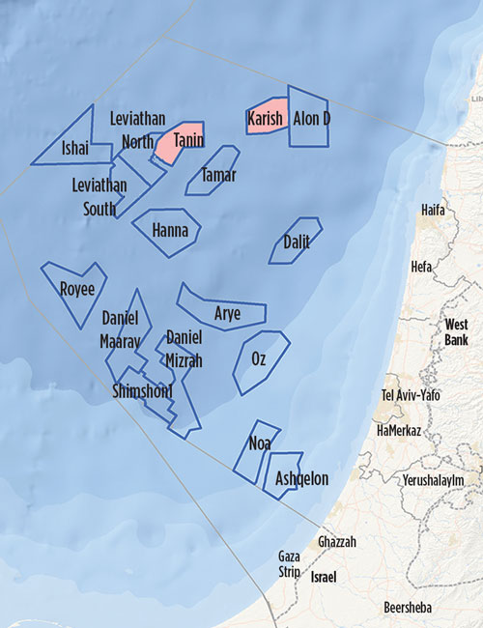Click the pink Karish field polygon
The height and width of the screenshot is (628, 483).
(266, 115)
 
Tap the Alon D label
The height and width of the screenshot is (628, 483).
(311, 119)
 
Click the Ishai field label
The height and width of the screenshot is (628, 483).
(74, 148)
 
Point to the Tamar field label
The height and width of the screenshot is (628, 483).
(217, 175)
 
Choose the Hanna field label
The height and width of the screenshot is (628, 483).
(170, 230)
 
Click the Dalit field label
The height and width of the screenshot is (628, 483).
(297, 242)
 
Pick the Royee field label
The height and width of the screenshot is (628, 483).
(77, 288)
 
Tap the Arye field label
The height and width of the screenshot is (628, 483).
(227, 313)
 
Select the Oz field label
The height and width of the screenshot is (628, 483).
(259, 358)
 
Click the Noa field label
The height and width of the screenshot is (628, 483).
(260, 443)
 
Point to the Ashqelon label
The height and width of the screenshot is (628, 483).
(302, 478)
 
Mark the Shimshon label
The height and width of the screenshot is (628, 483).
(142, 391)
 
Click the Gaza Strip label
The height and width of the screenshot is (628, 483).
(289, 563)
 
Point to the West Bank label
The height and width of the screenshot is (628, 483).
(456, 332)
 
